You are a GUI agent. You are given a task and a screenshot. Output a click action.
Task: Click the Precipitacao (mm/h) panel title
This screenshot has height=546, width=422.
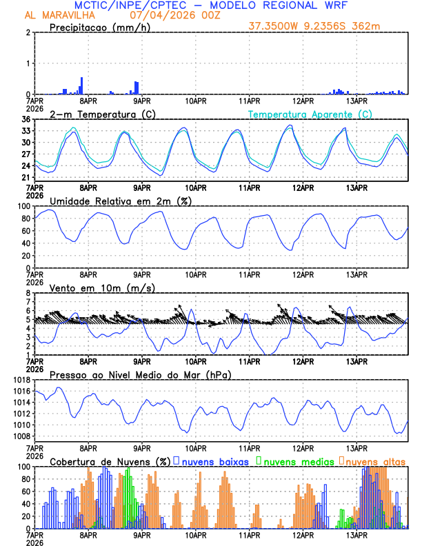(99, 27)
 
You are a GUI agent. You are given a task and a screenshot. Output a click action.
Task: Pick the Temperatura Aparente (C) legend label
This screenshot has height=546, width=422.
(310, 114)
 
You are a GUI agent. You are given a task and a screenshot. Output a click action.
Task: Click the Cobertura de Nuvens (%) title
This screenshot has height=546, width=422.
(110, 461)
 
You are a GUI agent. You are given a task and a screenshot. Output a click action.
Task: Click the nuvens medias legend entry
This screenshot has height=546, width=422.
(297, 461)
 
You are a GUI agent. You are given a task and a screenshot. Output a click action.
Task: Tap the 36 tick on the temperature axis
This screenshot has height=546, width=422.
(26, 120)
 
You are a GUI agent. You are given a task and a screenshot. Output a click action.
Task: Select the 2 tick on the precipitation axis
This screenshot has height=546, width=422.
(28, 33)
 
